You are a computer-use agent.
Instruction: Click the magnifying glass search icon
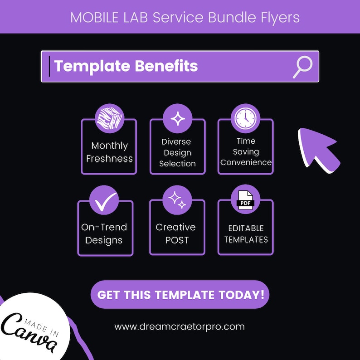(302, 67)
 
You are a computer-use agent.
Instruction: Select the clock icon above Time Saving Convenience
(245, 119)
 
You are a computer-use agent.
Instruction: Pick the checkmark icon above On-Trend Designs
(104, 200)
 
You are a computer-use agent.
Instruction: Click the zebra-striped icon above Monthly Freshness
(109, 119)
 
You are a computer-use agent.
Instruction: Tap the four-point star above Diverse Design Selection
(177, 119)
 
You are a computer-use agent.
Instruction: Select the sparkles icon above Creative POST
(177, 200)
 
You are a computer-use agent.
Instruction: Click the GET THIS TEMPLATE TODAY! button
(180, 295)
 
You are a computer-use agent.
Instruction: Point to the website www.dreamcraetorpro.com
(180, 326)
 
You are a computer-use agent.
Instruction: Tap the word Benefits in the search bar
(163, 66)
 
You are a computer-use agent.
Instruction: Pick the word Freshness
(109, 159)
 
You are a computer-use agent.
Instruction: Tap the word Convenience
(246, 162)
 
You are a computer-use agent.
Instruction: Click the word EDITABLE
(246, 228)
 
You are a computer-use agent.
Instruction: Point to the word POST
(177, 240)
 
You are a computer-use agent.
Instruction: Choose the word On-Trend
(104, 227)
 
